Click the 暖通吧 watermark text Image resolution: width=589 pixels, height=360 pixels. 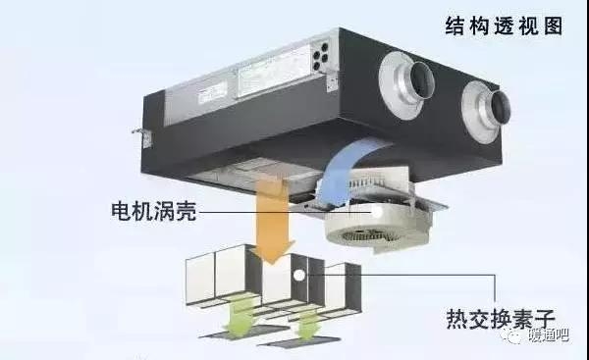[x=557, y=335]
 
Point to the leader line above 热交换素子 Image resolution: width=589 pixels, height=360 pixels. [x=412, y=275]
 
